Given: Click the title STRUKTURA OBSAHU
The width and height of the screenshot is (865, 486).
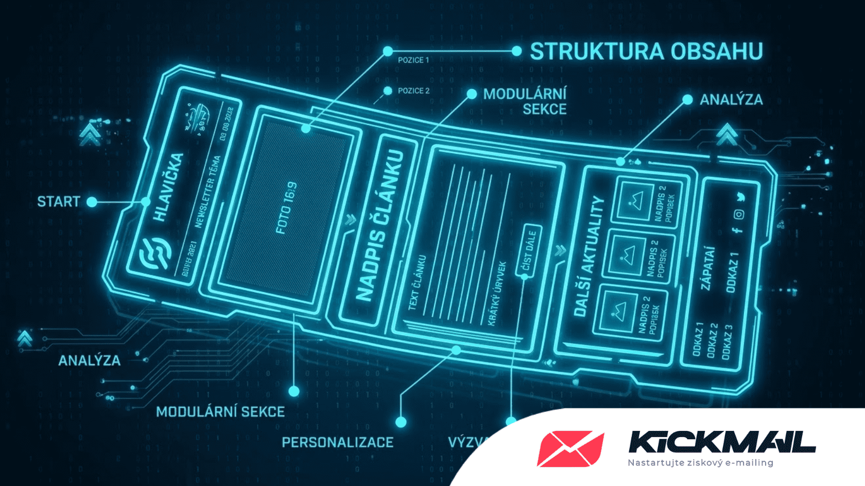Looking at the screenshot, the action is [x=646, y=51].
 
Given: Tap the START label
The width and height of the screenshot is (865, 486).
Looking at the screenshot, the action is [x=58, y=202].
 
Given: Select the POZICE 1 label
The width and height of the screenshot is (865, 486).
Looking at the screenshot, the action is [x=413, y=60].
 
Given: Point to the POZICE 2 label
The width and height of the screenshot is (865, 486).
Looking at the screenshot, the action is [x=413, y=91].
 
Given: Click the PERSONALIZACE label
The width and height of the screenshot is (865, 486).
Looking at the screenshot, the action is [x=337, y=442].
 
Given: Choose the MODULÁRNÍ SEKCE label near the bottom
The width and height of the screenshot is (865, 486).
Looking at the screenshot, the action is [x=220, y=412].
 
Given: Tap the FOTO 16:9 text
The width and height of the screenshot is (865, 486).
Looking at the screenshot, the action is [x=286, y=208].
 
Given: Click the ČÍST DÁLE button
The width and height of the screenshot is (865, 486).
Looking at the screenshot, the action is [x=529, y=251].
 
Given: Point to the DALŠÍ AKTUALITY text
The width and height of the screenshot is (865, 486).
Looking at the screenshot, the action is [x=589, y=256].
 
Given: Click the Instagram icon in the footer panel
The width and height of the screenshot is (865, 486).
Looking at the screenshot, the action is [x=739, y=214].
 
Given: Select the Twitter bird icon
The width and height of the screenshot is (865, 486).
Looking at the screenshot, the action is [x=740, y=197].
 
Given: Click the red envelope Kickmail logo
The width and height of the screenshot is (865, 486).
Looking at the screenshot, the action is [x=570, y=448].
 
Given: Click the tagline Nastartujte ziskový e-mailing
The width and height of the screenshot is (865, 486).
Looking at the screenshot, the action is [x=700, y=463].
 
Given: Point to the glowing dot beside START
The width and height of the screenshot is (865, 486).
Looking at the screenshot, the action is [x=92, y=202].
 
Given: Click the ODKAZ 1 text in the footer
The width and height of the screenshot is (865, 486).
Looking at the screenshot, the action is [x=732, y=273].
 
